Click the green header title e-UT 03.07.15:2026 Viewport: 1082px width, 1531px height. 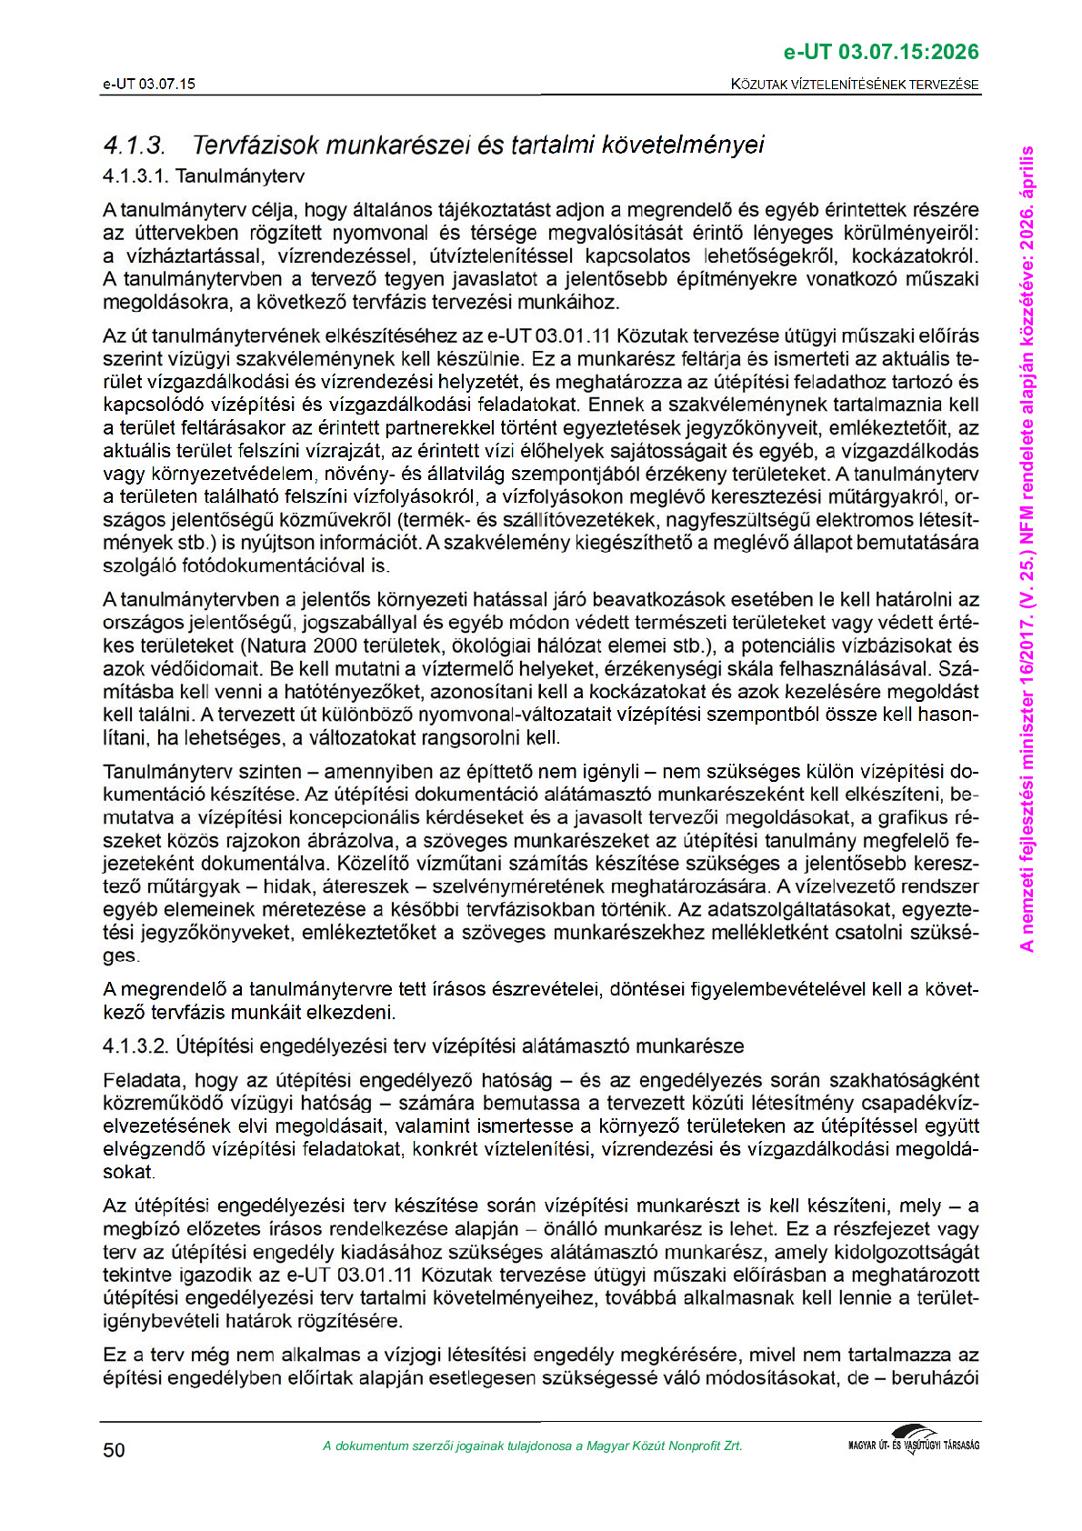coord(881,53)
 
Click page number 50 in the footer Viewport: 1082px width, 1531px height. coord(114,1450)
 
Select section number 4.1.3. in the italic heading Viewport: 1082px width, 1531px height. coord(134,145)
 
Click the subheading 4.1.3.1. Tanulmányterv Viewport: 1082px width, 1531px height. coord(204,176)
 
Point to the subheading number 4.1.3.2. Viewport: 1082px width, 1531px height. coord(135,1046)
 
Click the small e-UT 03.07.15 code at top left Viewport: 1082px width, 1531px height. coord(148,85)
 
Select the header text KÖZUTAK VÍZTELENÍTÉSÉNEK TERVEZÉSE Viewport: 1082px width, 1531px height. coord(855,85)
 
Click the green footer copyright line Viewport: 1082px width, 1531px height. coord(532,1446)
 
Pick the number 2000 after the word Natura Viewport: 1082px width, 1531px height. coord(336,646)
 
